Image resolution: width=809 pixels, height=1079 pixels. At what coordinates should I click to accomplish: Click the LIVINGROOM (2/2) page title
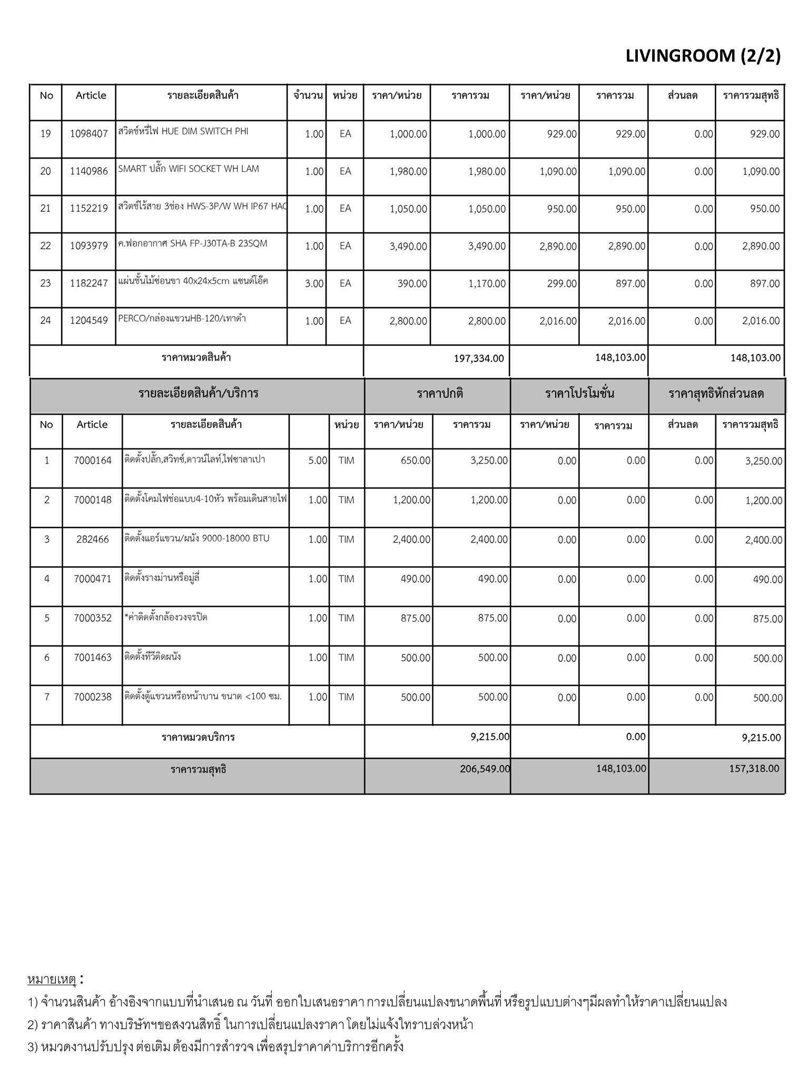point(703,55)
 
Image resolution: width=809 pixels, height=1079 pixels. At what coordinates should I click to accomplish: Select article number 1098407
point(89,134)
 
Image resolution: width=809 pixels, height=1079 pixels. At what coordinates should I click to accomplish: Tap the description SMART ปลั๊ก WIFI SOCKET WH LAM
point(189,169)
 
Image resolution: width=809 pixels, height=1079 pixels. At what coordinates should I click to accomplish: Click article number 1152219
point(89,209)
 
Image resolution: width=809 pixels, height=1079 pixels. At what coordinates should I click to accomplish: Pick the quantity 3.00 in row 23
point(314,283)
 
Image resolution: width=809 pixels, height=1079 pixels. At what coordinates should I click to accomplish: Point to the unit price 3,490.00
point(408,246)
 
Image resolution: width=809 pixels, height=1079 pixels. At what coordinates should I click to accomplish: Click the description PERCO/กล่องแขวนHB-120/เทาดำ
point(182,319)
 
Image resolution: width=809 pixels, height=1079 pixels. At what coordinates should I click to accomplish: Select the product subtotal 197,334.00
point(479,358)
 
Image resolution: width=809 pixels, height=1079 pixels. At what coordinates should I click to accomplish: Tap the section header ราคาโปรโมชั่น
point(579,394)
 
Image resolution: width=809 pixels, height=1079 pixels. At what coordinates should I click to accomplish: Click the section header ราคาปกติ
point(440,394)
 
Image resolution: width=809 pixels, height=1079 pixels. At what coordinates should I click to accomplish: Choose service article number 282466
point(93,539)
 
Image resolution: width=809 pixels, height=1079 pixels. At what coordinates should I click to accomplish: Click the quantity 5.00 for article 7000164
point(318,460)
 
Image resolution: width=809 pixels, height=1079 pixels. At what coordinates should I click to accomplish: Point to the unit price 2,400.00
point(411,539)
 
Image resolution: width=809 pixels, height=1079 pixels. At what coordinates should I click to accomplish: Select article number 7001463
point(93,658)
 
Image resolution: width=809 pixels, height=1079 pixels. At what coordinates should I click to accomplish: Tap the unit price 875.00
point(416,618)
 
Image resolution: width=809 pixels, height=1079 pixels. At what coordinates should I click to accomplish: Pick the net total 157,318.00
point(754,769)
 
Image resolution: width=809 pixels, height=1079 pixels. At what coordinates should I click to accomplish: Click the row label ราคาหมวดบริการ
point(198,737)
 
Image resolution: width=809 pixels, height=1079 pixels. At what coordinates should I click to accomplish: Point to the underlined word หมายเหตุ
point(52,979)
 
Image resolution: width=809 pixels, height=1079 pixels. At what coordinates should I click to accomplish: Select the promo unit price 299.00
point(561,283)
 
